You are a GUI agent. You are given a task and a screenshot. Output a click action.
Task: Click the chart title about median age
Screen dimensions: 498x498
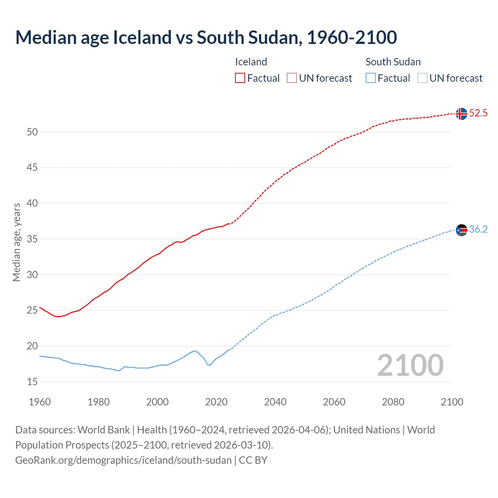coord(206,37)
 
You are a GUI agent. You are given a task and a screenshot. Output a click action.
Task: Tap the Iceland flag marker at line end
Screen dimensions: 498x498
coord(461,114)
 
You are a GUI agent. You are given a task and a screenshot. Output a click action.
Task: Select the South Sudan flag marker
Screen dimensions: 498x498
coord(461,230)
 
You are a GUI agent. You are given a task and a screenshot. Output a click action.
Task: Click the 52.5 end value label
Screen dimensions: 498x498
coord(478,113)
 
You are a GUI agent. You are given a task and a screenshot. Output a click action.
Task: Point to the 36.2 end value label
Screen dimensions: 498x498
coord(478,230)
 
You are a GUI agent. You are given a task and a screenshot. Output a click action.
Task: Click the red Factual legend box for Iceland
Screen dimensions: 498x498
coord(240,78)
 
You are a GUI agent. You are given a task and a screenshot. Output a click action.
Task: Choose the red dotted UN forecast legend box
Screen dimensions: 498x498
coord(292,78)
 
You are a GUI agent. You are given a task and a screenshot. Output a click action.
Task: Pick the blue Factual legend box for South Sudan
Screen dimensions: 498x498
coord(370,78)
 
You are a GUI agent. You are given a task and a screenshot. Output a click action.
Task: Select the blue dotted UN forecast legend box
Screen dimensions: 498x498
coord(422,78)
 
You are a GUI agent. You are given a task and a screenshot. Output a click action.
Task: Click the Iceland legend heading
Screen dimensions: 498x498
coord(251,62)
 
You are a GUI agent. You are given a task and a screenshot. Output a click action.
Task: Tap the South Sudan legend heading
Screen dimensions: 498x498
coord(393,62)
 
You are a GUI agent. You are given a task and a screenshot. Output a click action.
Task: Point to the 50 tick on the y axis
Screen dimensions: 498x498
coord(32,132)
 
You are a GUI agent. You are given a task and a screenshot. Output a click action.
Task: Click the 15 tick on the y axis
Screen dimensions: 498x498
coord(32,382)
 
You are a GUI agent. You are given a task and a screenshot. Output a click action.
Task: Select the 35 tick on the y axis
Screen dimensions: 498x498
coord(32,239)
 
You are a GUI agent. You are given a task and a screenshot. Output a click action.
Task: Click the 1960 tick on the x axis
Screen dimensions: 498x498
coord(40,402)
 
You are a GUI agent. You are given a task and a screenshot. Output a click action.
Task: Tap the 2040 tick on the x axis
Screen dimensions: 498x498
coord(275,402)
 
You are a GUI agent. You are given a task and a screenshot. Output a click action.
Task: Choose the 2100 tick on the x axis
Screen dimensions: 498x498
coord(452,402)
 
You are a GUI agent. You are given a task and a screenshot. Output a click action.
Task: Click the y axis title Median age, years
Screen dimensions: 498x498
coord(16,242)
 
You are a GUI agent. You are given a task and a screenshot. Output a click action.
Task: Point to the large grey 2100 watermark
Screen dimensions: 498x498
coord(410,365)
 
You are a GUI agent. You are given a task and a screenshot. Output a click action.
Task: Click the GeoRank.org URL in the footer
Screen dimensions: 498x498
coord(123,460)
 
